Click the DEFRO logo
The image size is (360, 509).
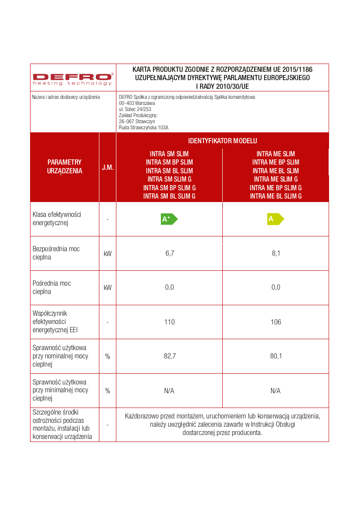[73, 78]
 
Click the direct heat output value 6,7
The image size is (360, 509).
[170, 253]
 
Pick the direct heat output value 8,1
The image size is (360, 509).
[276, 253]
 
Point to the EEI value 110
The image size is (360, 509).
[170, 322]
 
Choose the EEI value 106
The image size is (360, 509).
[276, 322]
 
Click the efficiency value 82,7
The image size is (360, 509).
[170, 356]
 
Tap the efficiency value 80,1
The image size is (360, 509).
[276, 356]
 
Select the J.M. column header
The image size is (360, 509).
[108, 167]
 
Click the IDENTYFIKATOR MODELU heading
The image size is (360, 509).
[222, 141]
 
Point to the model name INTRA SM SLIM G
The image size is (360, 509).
[169, 179]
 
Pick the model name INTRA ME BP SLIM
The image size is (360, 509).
[276, 162]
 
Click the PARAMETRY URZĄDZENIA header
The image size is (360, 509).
[65, 167]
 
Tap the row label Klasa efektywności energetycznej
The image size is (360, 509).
[57, 219]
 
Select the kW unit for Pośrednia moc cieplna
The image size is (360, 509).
[108, 288]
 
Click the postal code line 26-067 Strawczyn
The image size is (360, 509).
[137, 121]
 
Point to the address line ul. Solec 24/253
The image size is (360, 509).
[135, 109]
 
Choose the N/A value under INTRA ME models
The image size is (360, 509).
[275, 391]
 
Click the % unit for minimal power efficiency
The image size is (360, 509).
[108, 391]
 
